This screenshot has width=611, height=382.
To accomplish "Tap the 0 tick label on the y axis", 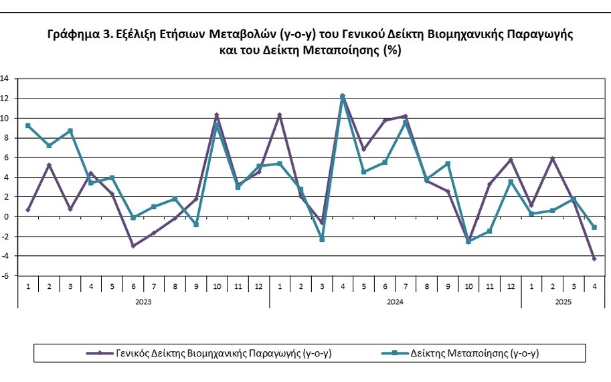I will [x=5, y=216].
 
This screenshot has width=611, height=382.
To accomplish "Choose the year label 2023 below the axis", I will [x=143, y=302].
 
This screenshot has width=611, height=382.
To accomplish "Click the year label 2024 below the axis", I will [x=395, y=302].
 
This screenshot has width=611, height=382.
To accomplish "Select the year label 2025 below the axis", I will [x=563, y=302].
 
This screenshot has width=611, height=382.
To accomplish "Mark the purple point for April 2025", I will [x=594, y=259].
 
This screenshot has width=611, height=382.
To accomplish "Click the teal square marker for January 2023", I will [x=28, y=125].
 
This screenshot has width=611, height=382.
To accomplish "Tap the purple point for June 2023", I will [x=133, y=246].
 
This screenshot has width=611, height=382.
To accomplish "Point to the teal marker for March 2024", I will [x=321, y=239].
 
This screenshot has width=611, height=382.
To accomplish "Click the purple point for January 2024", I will [x=279, y=115].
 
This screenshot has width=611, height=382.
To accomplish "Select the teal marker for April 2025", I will [x=594, y=227].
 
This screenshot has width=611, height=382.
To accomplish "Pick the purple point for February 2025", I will [x=552, y=158].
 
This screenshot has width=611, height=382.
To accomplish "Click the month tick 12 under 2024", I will [x=510, y=286].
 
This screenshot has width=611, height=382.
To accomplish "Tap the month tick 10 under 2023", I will [x=216, y=286].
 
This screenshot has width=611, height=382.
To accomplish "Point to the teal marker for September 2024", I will [x=447, y=164].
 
